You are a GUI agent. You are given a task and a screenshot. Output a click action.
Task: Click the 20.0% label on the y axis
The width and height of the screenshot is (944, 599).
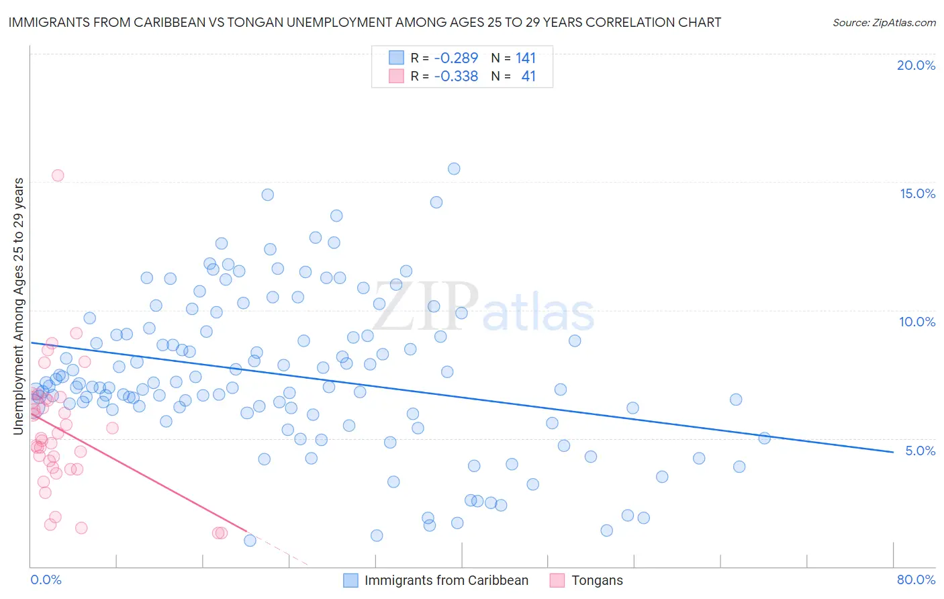point(916,65)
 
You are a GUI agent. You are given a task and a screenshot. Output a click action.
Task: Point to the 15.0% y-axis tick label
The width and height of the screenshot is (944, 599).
point(917,193)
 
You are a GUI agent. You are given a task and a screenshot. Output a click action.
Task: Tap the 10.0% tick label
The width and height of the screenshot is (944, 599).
point(917,322)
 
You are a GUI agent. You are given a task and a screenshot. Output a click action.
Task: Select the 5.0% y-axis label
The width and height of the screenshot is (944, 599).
point(920,451)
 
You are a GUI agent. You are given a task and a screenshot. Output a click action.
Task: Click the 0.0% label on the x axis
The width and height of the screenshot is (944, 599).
point(46,580)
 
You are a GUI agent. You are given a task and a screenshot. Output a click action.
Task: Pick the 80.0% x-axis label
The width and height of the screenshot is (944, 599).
point(916,580)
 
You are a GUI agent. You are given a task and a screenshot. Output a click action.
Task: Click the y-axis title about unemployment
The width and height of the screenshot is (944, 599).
point(18,306)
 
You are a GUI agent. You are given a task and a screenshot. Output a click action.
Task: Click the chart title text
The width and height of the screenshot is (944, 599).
point(365,22)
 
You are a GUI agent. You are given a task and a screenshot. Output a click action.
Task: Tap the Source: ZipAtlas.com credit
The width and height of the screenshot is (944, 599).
point(884,23)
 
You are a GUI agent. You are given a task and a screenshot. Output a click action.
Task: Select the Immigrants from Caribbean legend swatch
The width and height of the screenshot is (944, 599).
point(350,580)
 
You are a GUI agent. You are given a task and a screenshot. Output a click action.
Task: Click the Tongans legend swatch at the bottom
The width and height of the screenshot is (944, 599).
point(557,580)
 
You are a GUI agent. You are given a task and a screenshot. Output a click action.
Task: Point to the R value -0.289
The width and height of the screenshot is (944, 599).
point(456,58)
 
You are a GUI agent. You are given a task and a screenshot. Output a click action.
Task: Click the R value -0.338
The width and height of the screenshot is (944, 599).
point(456,77)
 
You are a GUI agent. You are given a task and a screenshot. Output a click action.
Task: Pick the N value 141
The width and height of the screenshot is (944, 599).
point(526,58)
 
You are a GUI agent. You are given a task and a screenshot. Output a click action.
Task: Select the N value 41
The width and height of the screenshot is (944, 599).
point(528,77)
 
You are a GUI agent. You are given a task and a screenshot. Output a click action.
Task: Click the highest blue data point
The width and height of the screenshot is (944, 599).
point(454,169)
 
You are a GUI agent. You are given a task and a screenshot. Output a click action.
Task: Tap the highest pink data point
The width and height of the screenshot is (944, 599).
point(58,175)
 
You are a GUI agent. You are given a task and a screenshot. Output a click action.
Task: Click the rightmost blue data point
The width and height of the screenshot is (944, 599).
point(764,439)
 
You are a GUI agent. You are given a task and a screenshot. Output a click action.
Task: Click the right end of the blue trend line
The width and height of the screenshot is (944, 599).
point(893,452)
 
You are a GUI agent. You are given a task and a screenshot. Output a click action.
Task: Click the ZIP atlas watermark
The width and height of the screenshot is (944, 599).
point(483,308)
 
